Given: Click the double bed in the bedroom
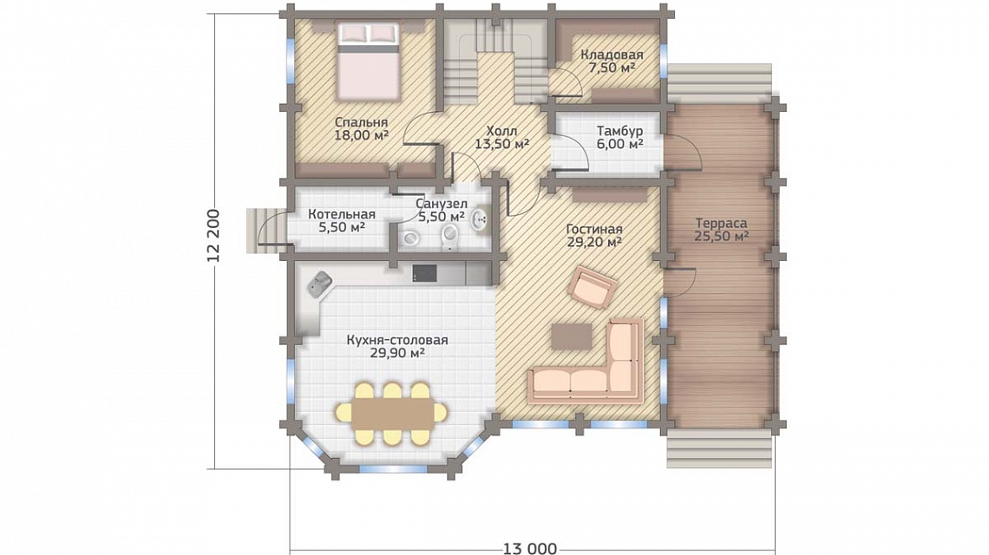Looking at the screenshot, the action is click(369, 62).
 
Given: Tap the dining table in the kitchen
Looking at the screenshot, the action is click(391, 414).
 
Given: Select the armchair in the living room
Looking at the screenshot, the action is click(593, 287).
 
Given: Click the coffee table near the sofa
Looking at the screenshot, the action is click(572, 336).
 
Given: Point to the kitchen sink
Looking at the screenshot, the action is click(320, 284).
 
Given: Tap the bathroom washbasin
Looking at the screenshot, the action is click(481, 218).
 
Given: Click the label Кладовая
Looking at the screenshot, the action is click(612, 55).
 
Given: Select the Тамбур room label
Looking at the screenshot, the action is click(620, 131).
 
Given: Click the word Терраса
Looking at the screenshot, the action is click(722, 223).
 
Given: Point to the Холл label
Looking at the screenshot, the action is click(502, 131).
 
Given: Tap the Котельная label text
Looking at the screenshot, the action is click(341, 214).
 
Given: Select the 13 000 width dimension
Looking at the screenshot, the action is click(530, 548).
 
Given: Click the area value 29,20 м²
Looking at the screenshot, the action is click(594, 242).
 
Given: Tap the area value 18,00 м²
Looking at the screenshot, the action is click(362, 135).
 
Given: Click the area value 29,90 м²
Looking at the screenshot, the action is click(397, 353).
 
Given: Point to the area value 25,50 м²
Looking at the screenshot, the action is click(722, 237).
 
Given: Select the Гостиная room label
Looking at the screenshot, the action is click(594, 230).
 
